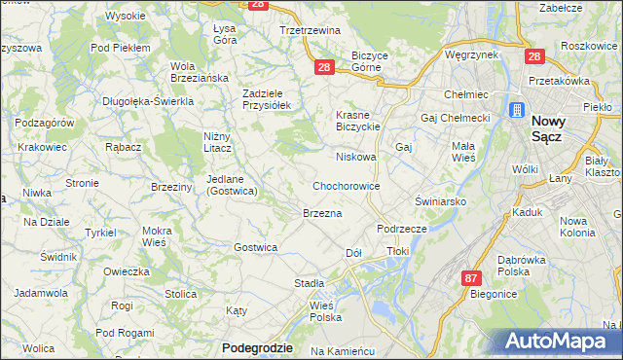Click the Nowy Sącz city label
557,130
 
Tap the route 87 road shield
471,277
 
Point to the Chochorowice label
346,185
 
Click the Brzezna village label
322,213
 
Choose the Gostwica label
255,247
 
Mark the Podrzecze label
402,227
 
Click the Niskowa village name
355,156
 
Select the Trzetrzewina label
308,30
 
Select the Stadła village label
309,283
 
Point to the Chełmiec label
464,95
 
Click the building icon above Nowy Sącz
516,109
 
